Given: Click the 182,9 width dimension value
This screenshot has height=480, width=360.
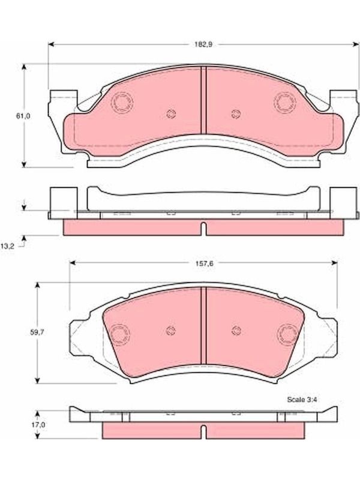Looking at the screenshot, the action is pyautogui.click(x=203, y=44).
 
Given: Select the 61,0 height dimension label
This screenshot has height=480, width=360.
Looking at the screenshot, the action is pyautogui.click(x=23, y=116).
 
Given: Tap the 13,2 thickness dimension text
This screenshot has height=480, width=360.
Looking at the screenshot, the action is pyautogui.click(x=7, y=247).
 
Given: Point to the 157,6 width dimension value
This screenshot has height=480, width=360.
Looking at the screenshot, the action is pyautogui.click(x=205, y=263).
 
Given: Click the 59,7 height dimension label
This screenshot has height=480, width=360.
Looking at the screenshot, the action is pyautogui.click(x=37, y=332).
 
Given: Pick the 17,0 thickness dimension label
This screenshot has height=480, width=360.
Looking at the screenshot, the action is pyautogui.click(x=38, y=425).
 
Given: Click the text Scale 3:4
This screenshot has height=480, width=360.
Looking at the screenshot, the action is pyautogui.click(x=302, y=400).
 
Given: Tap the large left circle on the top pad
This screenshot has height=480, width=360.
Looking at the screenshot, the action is pyautogui.click(x=122, y=103).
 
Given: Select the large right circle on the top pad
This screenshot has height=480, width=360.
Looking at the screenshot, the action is pyautogui.click(x=285, y=103).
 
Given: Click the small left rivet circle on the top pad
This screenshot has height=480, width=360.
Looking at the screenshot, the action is pyautogui.click(x=171, y=114).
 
